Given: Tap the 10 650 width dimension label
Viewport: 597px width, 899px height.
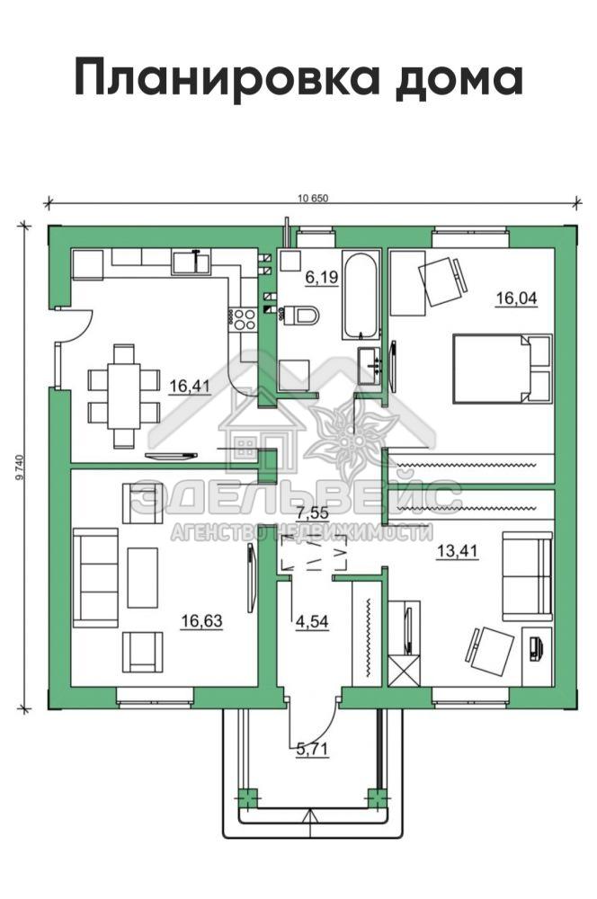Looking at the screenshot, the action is coord(313,199).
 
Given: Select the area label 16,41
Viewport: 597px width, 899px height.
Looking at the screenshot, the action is coord(189,386).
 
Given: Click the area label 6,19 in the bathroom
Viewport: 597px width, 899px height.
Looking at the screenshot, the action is coord(322,278).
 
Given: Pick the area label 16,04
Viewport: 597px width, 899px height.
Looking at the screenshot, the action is coord(516,298).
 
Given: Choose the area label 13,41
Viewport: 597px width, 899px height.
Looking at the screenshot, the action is coord(457,552).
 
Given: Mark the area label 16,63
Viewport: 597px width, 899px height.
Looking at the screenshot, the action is coord(201,621).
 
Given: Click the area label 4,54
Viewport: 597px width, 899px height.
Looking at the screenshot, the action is coord(312,621).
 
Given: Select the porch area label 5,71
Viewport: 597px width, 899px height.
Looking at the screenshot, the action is coord(312,748).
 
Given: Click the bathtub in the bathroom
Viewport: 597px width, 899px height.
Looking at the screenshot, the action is coord(361,294).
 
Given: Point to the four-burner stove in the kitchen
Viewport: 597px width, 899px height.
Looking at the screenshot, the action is coord(242,319).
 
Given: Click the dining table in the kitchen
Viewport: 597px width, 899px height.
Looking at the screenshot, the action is coord(123,396).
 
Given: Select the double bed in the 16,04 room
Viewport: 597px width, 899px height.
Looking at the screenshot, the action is coord(502,369).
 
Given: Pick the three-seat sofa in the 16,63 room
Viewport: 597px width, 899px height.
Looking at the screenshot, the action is coord(95,577).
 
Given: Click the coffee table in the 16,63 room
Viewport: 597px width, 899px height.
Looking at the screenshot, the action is coord(142,577).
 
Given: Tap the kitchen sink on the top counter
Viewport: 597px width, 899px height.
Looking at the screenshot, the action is coord(191,263).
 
